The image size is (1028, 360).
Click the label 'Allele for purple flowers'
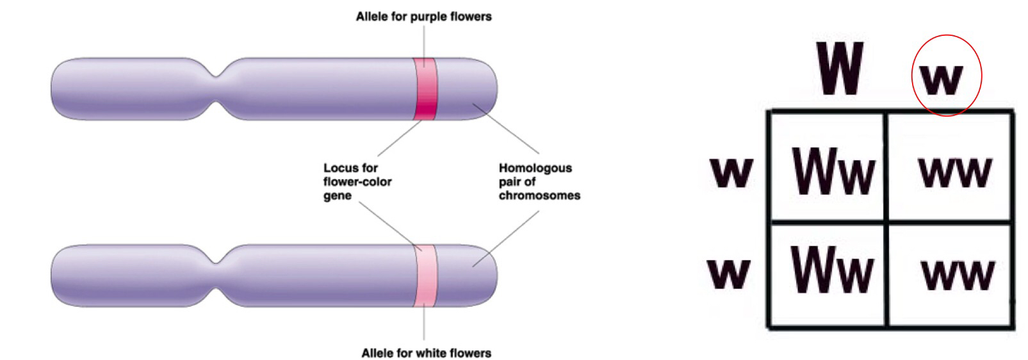(423, 17)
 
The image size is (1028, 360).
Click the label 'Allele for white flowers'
(426, 353)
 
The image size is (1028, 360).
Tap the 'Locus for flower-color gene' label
(357, 182)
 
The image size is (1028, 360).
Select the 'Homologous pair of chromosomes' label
(539, 182)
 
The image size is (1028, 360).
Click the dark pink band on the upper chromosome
(424, 88)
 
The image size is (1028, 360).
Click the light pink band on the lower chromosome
(424, 275)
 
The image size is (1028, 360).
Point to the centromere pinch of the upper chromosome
(218, 88)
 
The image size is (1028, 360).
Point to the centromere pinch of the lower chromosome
(218, 275)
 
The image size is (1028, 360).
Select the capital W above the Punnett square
(840, 69)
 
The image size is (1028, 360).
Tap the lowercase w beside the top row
(731, 171)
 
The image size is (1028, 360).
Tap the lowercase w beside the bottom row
(728, 272)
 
